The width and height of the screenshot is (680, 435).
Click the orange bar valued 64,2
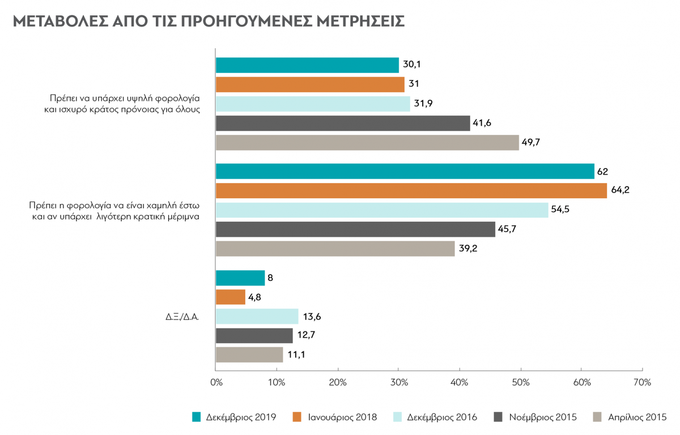click(411, 191)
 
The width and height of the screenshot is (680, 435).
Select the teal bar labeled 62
click(405, 172)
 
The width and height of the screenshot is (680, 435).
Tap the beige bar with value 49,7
click(367, 143)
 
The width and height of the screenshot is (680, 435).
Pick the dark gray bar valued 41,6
click(343, 123)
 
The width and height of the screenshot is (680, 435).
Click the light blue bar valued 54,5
click(382, 210)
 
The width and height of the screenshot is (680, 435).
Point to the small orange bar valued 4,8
click(231, 297)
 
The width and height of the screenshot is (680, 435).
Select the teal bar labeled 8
click(240, 278)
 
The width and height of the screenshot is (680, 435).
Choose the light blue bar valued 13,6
click(257, 317)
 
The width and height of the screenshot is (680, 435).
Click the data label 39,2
click(468, 249)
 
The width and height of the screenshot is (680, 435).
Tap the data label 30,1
click(411, 65)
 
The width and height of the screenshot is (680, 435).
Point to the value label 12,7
click(306, 335)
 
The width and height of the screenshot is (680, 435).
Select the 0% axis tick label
click(216, 382)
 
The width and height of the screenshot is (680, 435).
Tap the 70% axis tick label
click(643, 382)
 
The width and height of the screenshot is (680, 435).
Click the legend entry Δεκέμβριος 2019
click(234, 417)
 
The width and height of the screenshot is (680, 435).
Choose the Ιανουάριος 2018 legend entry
click(335, 417)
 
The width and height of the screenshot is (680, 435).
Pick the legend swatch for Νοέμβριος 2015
click(498, 417)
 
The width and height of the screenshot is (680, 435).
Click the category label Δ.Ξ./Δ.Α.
click(182, 317)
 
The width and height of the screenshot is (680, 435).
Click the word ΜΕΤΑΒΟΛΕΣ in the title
click(61, 21)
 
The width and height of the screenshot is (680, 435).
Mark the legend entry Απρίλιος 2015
click(630, 417)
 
